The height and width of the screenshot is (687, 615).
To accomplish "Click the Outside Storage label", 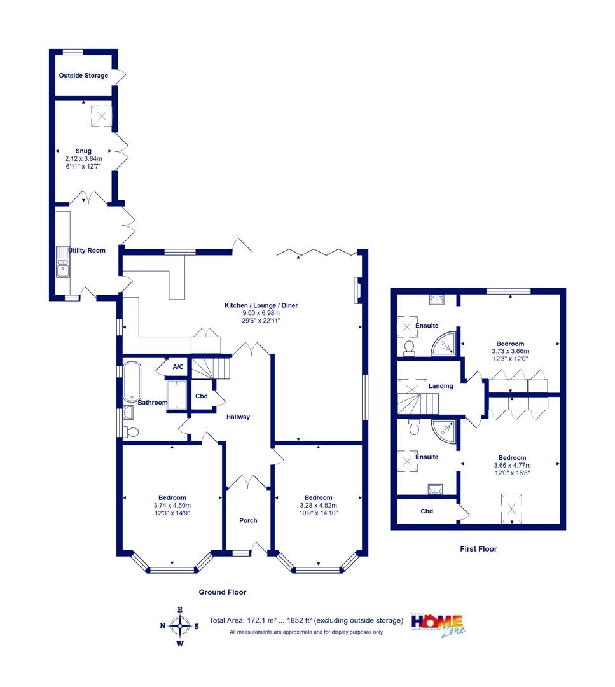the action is click(83, 75).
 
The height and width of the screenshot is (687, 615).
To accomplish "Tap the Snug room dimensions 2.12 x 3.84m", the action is click(83, 158).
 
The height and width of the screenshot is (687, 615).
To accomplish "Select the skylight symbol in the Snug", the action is click(101, 116).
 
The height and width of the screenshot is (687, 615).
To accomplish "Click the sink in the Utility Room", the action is click(62, 261).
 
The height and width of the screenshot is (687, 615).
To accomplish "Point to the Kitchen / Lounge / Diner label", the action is click(261, 305).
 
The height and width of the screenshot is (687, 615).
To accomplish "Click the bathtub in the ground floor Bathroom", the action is click(132, 382).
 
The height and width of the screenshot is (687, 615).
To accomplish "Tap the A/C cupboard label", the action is click(178, 367).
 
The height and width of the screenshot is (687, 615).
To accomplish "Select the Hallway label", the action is click(238, 417).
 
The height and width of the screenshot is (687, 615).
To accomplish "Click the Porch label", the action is click(248, 520).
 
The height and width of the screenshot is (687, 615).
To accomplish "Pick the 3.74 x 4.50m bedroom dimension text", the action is click(172, 505).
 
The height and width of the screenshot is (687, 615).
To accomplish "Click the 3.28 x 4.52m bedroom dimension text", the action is click(319, 505).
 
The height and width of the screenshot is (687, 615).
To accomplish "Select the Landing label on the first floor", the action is click(441, 386).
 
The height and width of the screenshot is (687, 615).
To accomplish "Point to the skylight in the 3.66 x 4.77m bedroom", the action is click(511, 508).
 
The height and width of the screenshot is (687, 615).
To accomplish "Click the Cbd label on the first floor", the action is click(427, 511).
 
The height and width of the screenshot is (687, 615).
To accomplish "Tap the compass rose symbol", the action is click(179, 626).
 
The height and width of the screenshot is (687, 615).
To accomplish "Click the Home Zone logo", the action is click(438, 625).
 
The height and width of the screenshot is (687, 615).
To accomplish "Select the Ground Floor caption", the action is click(223, 592).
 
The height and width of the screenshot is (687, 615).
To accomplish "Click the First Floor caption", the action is click(478, 549).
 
